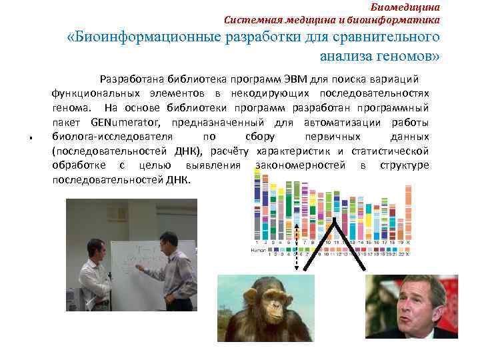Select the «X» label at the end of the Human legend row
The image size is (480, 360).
(x=407, y=253)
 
